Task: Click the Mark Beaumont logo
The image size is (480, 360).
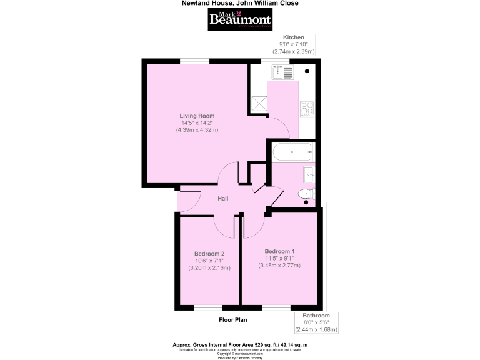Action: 240,19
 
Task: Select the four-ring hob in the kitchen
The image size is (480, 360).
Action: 306,109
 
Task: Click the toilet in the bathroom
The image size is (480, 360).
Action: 306,194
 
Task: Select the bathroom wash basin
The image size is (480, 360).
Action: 308,173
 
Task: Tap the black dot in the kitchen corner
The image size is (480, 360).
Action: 307,71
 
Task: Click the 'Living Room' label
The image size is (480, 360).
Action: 197,116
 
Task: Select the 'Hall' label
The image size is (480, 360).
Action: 222,199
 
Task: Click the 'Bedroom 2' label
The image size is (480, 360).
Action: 209,254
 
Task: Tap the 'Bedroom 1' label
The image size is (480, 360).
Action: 279,251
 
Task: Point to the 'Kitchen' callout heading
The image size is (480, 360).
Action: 294,37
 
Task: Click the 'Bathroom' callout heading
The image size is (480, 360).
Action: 316,316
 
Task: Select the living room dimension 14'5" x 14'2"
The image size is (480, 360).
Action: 197,122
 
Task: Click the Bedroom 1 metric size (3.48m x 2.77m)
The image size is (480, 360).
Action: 279,266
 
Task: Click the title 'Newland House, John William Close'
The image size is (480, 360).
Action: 240,3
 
